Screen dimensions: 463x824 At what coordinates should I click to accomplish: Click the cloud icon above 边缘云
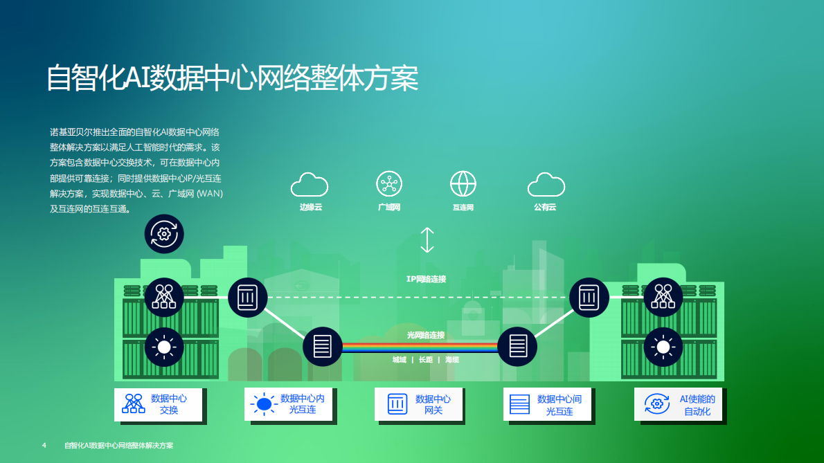(310, 185)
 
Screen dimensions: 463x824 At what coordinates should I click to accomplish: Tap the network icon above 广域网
(389, 184)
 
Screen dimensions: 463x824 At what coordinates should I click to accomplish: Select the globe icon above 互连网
(463, 184)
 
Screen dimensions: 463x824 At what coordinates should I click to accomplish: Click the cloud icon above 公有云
(546, 185)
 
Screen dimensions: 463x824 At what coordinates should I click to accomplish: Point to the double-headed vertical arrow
(427, 239)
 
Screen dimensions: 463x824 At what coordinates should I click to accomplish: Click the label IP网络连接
(426, 279)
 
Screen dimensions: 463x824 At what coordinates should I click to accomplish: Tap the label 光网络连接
(426, 335)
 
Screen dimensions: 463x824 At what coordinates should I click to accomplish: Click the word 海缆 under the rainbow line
(452, 360)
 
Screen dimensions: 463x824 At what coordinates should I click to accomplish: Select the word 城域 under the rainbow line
(399, 360)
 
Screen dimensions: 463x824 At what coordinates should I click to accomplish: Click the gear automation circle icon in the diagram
(164, 234)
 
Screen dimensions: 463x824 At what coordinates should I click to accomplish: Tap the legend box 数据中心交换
(158, 404)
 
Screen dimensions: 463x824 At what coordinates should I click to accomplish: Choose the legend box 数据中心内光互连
(287, 404)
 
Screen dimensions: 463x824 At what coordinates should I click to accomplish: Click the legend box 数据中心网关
(418, 404)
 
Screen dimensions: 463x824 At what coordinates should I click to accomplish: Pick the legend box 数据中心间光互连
(547, 404)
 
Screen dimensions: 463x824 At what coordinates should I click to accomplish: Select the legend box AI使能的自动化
(677, 404)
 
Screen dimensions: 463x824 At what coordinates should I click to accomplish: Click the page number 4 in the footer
(44, 445)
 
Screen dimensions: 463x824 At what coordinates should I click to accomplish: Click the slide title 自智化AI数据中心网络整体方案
(232, 78)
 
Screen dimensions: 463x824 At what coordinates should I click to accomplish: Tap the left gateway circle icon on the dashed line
(247, 298)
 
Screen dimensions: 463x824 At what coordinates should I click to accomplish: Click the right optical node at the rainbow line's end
(518, 346)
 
